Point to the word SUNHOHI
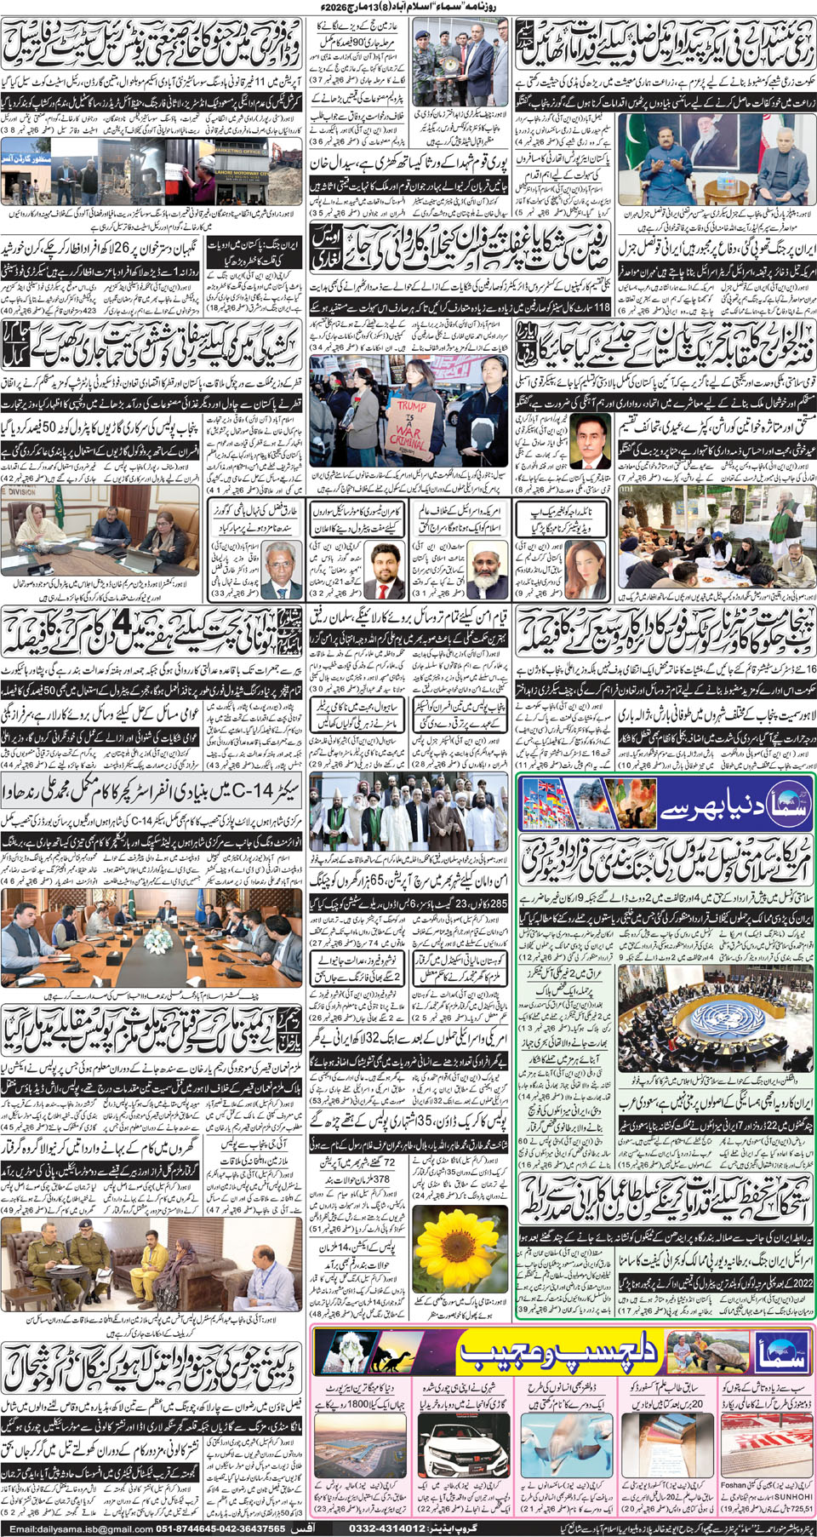[792, 1496]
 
